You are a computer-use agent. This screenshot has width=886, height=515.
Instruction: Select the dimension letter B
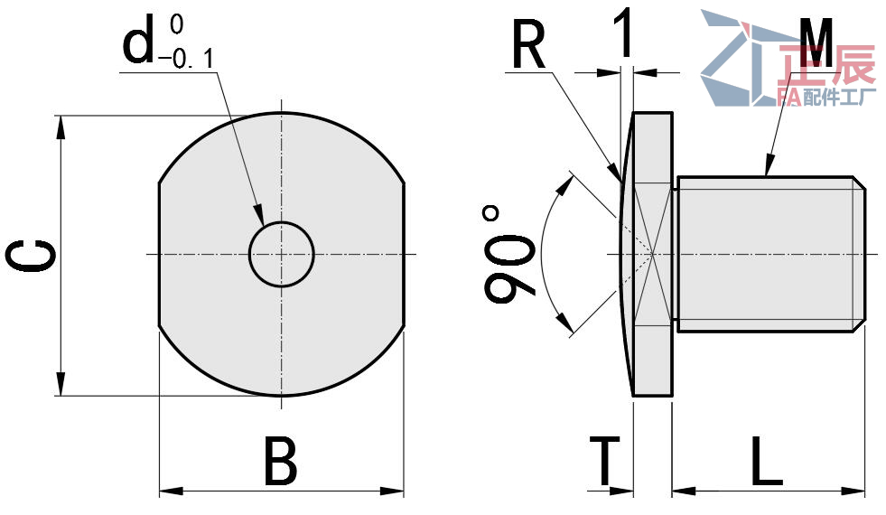click(280, 461)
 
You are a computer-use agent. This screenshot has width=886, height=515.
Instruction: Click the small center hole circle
click(282, 255)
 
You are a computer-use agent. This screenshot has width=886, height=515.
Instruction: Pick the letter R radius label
click(529, 44)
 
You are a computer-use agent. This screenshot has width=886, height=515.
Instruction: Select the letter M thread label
click(817, 42)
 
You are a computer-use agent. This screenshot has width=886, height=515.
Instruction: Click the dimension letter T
click(604, 461)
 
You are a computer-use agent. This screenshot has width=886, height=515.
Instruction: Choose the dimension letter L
click(767, 461)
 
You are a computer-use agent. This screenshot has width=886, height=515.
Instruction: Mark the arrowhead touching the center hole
click(259, 215)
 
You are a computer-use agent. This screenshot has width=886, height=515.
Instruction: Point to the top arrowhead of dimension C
click(61, 126)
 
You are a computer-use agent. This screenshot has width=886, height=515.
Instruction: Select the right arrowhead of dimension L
click(853, 491)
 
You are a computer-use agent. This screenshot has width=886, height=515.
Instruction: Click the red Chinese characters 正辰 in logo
click(826, 67)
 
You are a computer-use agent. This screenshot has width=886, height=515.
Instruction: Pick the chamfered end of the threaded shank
click(859, 254)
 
